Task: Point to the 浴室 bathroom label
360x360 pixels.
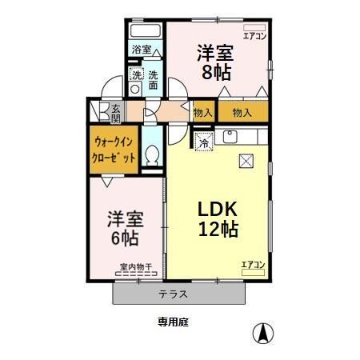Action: tap(142, 50)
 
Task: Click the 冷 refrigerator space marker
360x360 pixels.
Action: tap(204, 143)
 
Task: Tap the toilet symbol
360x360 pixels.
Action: tap(153, 157)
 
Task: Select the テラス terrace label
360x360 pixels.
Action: tap(173, 294)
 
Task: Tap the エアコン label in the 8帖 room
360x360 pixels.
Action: tap(253, 36)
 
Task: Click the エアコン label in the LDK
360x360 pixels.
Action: tap(253, 265)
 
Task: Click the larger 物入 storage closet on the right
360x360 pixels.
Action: tap(242, 113)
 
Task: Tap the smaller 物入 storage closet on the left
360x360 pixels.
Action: tap(203, 113)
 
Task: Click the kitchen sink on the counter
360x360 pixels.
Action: tap(228, 138)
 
